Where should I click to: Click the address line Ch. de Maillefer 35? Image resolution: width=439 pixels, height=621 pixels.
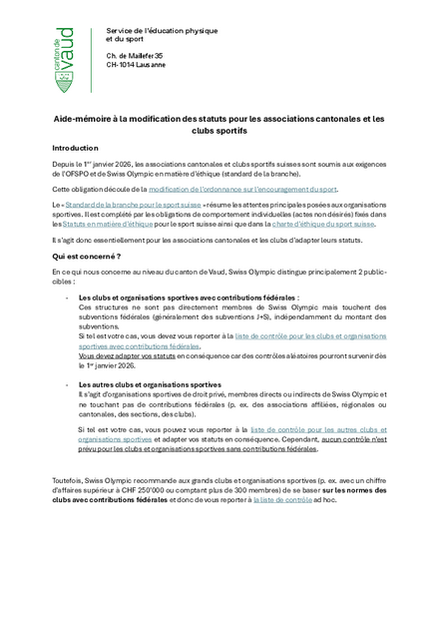135,55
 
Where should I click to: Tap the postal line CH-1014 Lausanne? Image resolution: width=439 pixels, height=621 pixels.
136,65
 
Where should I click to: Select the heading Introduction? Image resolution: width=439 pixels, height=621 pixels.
76,147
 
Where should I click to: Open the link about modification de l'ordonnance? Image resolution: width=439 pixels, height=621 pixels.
243,189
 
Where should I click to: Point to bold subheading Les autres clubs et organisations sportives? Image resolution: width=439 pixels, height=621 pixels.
150,384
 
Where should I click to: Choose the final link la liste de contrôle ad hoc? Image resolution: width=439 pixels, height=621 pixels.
282,499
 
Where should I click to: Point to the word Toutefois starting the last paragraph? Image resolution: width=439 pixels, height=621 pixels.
69,480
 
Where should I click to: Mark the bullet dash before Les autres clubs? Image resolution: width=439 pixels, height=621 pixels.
66,384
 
